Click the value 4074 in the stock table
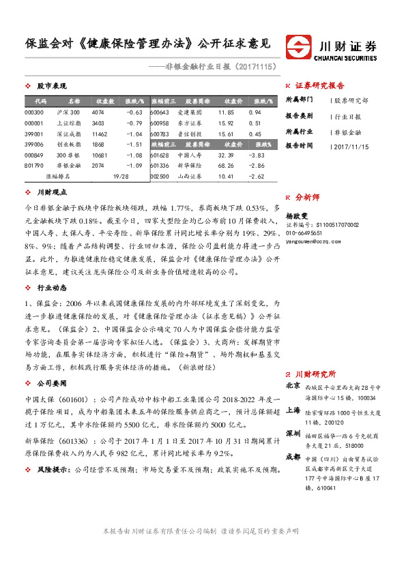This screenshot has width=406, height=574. point(98,112)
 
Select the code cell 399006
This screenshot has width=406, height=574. point(33,145)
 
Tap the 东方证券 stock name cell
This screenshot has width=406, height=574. point(188,123)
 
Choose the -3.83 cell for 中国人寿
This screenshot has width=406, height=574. point(257,155)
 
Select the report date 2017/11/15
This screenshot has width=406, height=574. point(353,146)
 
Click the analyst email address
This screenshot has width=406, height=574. point(313,242)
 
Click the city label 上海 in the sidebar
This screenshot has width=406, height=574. point(293,410)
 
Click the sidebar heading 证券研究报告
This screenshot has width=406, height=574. point(320,86)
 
